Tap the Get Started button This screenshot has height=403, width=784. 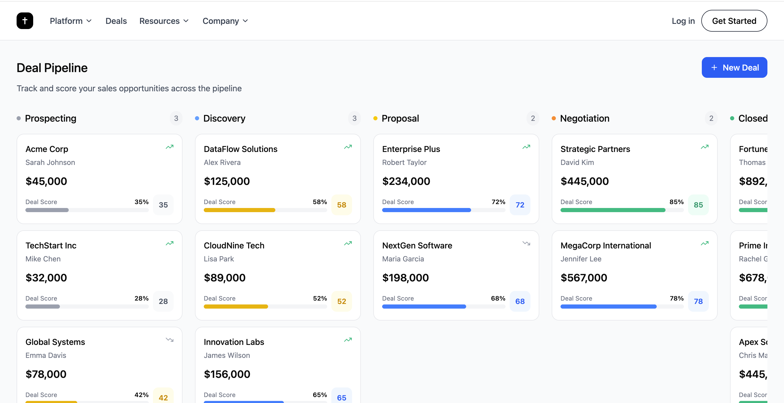(x=734, y=21)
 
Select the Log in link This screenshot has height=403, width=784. (x=683, y=21)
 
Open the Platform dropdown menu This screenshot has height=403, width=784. (x=71, y=21)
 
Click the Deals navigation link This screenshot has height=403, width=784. (x=116, y=21)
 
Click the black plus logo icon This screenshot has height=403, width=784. (x=25, y=21)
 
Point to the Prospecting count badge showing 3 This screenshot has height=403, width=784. (x=176, y=119)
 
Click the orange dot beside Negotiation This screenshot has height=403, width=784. (x=554, y=119)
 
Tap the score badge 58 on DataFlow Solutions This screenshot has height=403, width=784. (x=341, y=205)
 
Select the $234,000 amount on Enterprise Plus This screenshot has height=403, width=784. (x=406, y=182)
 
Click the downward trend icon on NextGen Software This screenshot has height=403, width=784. (x=526, y=243)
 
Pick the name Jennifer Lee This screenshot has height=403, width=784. (x=581, y=259)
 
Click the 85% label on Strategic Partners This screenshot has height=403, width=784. (x=676, y=202)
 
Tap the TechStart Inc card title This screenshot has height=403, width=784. (x=51, y=246)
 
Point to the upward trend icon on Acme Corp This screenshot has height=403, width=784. (x=170, y=147)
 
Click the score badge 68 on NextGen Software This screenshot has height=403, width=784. (x=520, y=301)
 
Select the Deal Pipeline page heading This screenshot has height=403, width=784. (x=52, y=68)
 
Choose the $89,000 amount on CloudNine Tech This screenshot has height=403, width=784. (x=225, y=278)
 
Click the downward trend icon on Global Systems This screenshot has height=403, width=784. (x=170, y=340)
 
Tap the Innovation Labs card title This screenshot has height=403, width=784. (x=234, y=342)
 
